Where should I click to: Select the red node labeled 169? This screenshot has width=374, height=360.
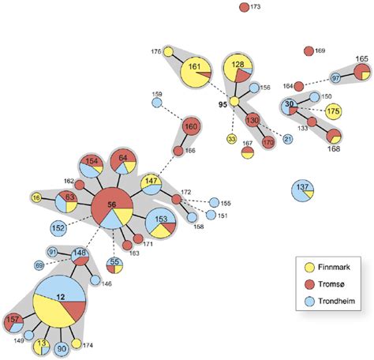[x=308, y=51]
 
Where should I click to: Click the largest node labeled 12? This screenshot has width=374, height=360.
[x=58, y=297]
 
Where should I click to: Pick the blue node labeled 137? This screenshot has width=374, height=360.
[x=302, y=189]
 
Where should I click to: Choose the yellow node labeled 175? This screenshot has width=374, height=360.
[x=333, y=112]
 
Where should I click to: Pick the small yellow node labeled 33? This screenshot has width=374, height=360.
[x=232, y=139]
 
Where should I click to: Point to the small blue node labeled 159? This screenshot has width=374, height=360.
[x=156, y=103]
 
